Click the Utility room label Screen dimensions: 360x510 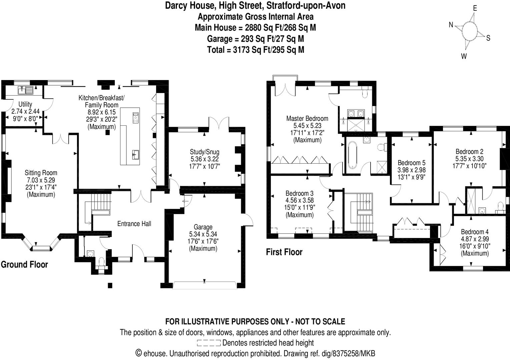[x=25, y=104]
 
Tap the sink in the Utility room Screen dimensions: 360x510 [x=26, y=89]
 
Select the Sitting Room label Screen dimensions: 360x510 [x=41, y=173]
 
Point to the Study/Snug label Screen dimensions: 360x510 [x=204, y=152]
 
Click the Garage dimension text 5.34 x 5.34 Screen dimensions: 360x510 [x=203, y=234]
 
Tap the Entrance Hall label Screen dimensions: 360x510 [x=134, y=224]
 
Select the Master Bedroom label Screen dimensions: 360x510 [x=307, y=118]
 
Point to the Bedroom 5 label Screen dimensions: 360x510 [x=411, y=163]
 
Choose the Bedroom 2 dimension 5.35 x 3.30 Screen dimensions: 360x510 [x=469, y=159]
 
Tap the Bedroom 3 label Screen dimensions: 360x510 [x=299, y=193]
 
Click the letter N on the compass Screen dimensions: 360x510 [x=451, y=25]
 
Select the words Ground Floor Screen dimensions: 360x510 [x=24, y=264]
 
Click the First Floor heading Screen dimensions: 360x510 [x=284, y=252]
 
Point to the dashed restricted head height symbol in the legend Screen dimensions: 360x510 [x=208, y=343]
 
